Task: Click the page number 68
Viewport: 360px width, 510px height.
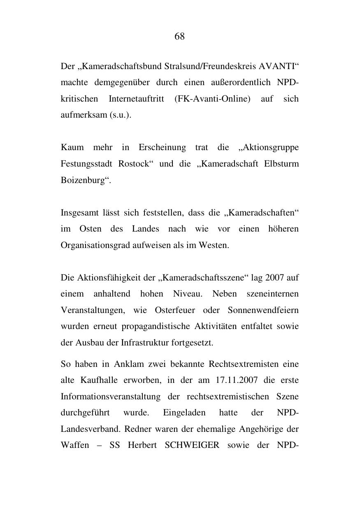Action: tap(180, 37)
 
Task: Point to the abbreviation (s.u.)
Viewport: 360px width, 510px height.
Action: tap(121, 115)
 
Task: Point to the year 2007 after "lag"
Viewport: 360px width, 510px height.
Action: tap(274, 278)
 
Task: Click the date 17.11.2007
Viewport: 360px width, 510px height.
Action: tap(237, 380)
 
